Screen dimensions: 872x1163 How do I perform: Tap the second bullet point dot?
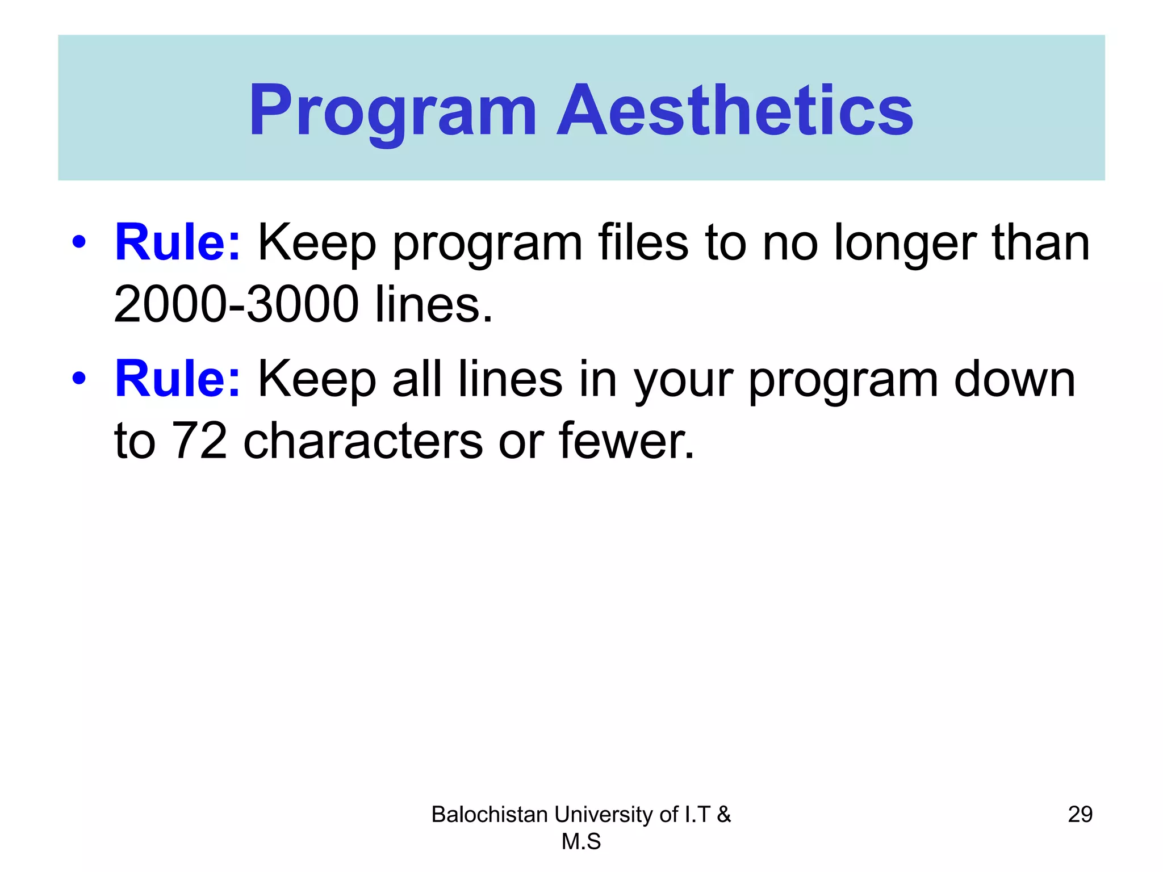tap(79, 378)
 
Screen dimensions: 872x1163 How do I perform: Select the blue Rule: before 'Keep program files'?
tap(178, 242)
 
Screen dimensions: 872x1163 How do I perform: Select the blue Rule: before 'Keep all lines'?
tap(178, 379)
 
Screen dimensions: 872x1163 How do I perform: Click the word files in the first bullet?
tap(643, 242)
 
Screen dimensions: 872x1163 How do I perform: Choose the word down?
tap(1014, 379)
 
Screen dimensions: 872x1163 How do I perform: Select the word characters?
tap(363, 441)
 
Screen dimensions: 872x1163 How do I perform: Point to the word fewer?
tap(626, 441)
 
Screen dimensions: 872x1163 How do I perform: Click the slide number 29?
tap(1080, 814)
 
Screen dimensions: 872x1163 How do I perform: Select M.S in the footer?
tap(581, 841)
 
